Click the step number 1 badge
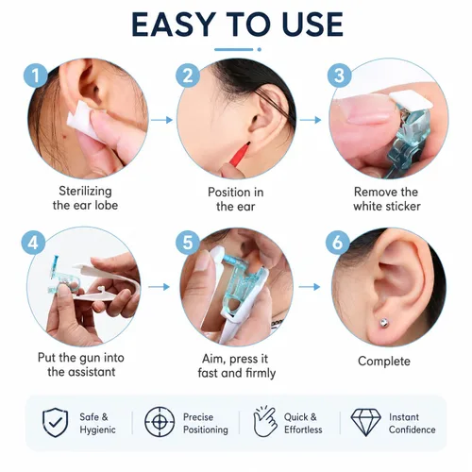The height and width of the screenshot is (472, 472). point(36,76)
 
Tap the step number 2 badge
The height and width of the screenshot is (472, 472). point(188,76)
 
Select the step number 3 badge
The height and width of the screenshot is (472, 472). point(339,76)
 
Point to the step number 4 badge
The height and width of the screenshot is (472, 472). point(33,243)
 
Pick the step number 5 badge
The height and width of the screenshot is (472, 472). point(188,243)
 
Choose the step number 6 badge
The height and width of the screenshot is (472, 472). point(337,243)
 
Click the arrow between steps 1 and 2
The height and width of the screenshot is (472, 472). point(161,120)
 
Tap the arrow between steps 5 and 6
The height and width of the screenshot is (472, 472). point(310,287)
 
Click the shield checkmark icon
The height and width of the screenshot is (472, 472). point(55,422)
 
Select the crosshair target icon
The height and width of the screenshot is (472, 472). point(160,422)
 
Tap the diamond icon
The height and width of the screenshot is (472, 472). point(365,422)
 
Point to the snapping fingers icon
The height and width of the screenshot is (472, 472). point(264,421)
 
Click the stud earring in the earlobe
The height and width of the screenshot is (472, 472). point(383,323)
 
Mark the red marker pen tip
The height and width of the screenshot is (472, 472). point(248,144)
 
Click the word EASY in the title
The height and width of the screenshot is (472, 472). point(173,25)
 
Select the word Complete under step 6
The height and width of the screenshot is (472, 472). point(384,362)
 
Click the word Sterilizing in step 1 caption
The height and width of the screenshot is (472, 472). point(85,191)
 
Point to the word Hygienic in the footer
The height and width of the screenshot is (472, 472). point(97,430)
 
